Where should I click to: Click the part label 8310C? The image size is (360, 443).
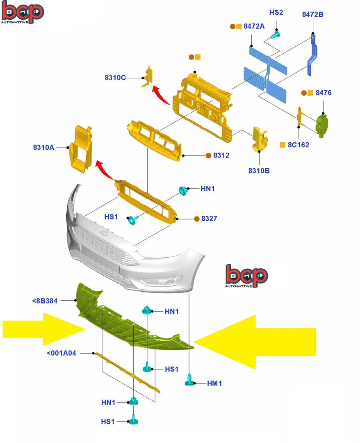coord(115,77)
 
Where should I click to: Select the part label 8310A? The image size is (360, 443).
coord(43,147)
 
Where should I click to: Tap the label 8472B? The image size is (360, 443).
coord(312,14)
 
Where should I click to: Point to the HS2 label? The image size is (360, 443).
coord(276,12)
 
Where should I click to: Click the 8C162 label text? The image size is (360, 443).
coord(298,145)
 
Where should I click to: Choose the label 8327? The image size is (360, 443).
coord(209,219)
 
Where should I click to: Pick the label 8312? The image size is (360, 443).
coord(221,155)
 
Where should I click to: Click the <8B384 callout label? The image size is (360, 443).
coord(45,301)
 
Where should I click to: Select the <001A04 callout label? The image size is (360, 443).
coord(61,352)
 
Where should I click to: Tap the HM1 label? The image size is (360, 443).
coord(214,383)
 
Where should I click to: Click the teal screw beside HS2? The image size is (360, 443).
coord(276,36)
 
